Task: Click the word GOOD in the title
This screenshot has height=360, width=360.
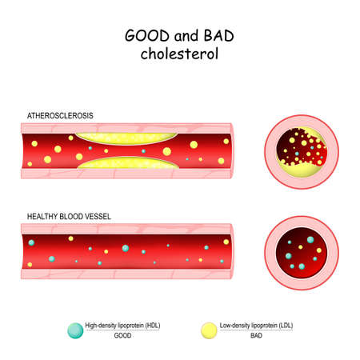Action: click(147, 36)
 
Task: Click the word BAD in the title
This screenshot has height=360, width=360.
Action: click(219, 36)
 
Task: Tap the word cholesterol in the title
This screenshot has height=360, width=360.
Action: click(179, 54)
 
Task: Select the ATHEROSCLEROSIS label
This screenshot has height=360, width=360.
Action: click(60, 116)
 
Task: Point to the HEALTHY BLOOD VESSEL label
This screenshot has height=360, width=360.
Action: click(69, 216)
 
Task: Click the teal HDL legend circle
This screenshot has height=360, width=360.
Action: click(75, 330)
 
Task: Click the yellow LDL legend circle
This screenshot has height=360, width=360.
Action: click(209, 330)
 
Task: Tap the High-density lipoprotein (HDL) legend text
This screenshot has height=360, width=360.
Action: click(122, 326)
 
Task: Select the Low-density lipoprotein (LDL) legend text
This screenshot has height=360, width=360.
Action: click(256, 326)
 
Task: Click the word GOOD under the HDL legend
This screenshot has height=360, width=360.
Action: click(122, 335)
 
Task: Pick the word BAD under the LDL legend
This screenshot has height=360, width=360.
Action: click(256, 335)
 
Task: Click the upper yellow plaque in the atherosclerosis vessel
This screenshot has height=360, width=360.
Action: click(126, 138)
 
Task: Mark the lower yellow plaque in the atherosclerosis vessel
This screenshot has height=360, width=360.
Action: click(128, 163)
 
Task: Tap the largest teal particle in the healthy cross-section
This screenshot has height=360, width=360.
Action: click(310, 240)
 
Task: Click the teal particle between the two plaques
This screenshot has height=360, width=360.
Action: click(143, 151)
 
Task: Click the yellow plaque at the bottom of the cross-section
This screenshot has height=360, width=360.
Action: click(302, 170)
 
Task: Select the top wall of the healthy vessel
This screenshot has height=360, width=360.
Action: click(126, 229)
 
